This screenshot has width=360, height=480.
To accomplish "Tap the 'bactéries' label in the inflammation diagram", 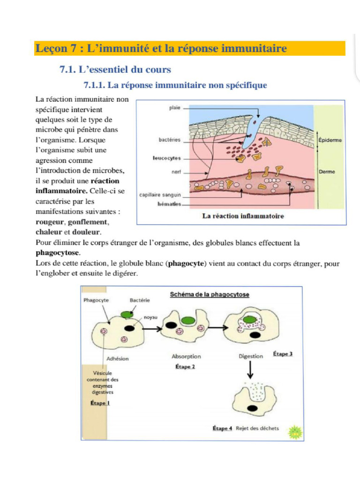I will coord(170,140).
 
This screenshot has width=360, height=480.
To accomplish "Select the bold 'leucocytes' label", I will coord(166,158).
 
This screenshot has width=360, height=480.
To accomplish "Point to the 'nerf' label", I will coord(176,172).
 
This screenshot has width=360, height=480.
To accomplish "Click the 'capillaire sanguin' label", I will coord(160,195).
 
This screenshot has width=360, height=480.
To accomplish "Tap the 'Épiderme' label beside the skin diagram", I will coord(330,140).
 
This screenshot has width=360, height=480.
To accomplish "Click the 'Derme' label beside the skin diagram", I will coord(327,172).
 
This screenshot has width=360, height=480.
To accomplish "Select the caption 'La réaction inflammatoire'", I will coord(243,216).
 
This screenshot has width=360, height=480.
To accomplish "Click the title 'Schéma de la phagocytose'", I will coord(209,294).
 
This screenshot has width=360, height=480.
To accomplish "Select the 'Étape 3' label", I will coord(283,354).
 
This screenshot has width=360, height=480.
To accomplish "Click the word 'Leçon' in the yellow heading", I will coord(50,48).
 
